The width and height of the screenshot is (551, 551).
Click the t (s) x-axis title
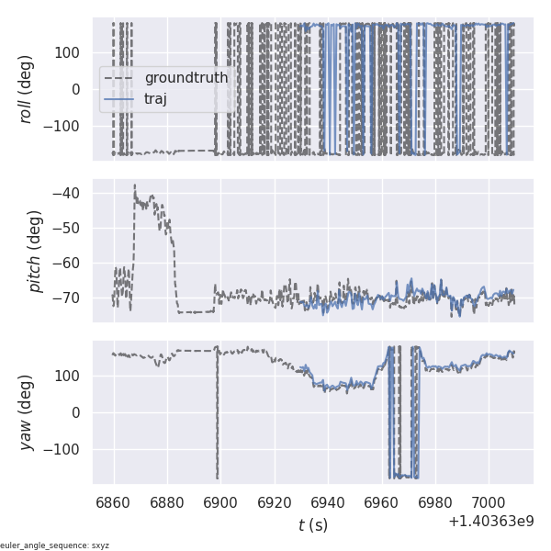click(x=312, y=525)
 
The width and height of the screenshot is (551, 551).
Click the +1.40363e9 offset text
click(x=491, y=522)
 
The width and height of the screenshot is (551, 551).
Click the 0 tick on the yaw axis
click(x=79, y=412)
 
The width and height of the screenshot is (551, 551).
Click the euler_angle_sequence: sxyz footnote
click(x=55, y=545)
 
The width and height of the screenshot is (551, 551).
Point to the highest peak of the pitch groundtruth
click(x=134, y=185)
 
